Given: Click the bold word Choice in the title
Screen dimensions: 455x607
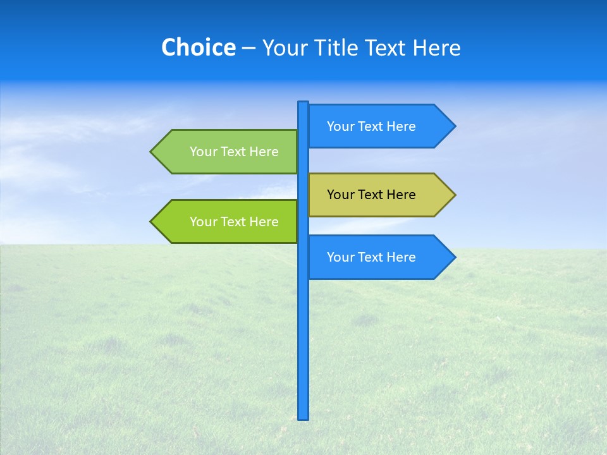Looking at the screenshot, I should click(x=198, y=47).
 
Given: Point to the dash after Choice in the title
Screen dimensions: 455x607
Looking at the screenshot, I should click(x=249, y=48).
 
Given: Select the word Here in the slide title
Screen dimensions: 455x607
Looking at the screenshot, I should click(x=436, y=47).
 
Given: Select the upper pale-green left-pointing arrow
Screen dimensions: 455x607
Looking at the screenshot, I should click(x=228, y=152).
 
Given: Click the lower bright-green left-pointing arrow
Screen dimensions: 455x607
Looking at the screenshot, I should click(x=228, y=222).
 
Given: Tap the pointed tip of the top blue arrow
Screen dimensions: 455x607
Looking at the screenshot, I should click(x=454, y=126).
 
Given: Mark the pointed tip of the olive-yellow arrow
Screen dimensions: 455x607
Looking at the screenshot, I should click(x=454, y=195).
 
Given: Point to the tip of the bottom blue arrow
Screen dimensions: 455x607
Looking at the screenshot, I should click(x=454, y=257).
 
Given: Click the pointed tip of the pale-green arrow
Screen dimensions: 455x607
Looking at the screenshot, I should click(x=152, y=152).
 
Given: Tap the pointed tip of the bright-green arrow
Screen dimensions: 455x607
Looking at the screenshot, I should click(x=152, y=222).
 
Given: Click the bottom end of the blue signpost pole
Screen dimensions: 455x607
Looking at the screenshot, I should click(x=303, y=417).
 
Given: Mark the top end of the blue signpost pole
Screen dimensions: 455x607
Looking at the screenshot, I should click(x=303, y=103).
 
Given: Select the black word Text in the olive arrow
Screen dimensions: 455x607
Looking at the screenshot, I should click(x=371, y=195).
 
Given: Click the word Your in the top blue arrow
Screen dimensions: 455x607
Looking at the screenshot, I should click(x=340, y=126).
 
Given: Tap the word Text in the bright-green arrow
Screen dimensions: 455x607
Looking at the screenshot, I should click(x=234, y=222).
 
